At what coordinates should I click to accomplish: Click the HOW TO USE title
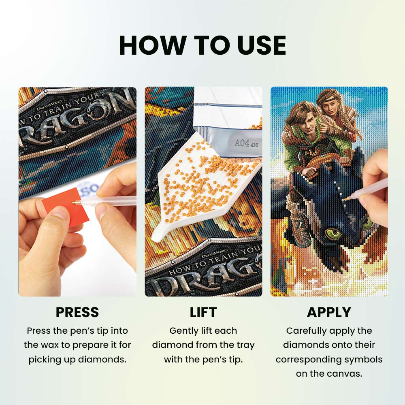click(x=202, y=45)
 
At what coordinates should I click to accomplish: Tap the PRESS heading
click(x=77, y=312)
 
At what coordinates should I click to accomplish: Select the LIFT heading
click(x=203, y=312)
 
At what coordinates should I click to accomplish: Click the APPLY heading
click(x=329, y=312)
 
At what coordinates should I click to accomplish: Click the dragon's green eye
click(x=332, y=233)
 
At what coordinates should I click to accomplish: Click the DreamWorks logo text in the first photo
click(x=49, y=104)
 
